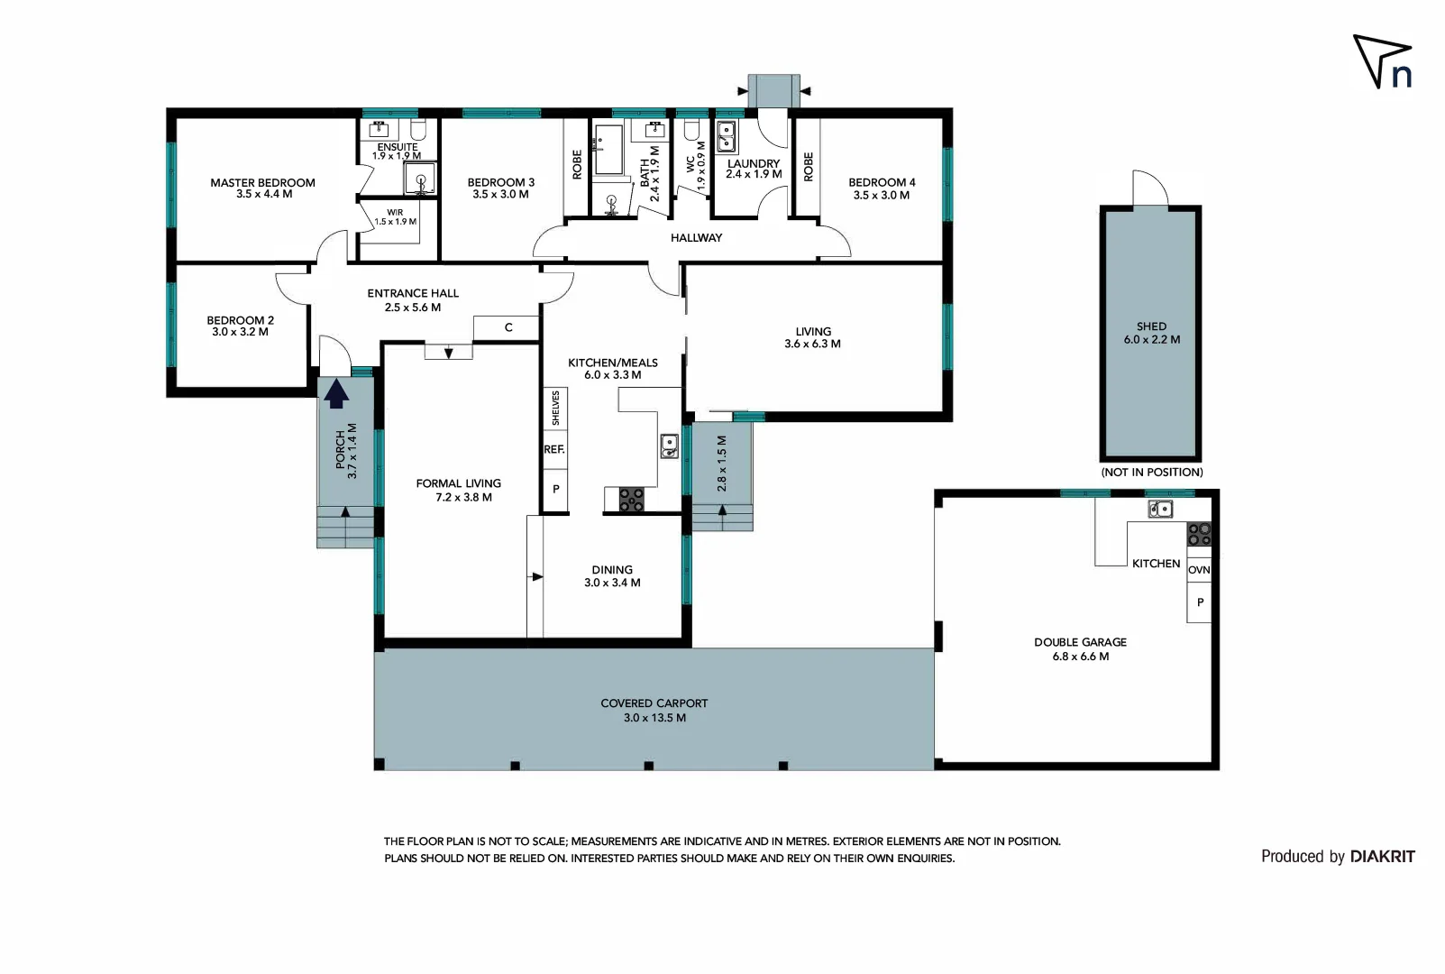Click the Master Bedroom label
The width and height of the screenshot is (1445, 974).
262,182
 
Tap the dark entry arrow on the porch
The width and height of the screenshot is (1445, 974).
336,394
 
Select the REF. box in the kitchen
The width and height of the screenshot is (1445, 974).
554,449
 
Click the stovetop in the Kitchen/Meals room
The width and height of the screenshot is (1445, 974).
631,500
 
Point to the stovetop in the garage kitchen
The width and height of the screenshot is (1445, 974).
1199,534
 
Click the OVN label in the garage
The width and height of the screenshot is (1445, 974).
1199,570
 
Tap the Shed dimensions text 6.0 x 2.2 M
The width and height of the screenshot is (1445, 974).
1151,340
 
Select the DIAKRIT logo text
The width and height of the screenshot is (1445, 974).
1382,857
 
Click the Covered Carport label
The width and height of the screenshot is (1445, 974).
654,703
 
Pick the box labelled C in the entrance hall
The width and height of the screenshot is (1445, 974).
508,327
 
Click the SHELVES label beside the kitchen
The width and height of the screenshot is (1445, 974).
555,409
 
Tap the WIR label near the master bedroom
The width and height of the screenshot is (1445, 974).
395,213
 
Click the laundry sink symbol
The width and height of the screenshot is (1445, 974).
726,138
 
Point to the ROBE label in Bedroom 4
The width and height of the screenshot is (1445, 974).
808,167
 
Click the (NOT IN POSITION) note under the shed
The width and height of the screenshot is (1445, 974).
1151,473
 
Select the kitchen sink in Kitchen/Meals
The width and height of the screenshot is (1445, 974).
669,446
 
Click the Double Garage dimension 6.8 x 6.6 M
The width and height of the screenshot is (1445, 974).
1080,657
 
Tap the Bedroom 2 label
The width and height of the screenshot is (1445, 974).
240,320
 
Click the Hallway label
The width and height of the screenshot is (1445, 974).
696,238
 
